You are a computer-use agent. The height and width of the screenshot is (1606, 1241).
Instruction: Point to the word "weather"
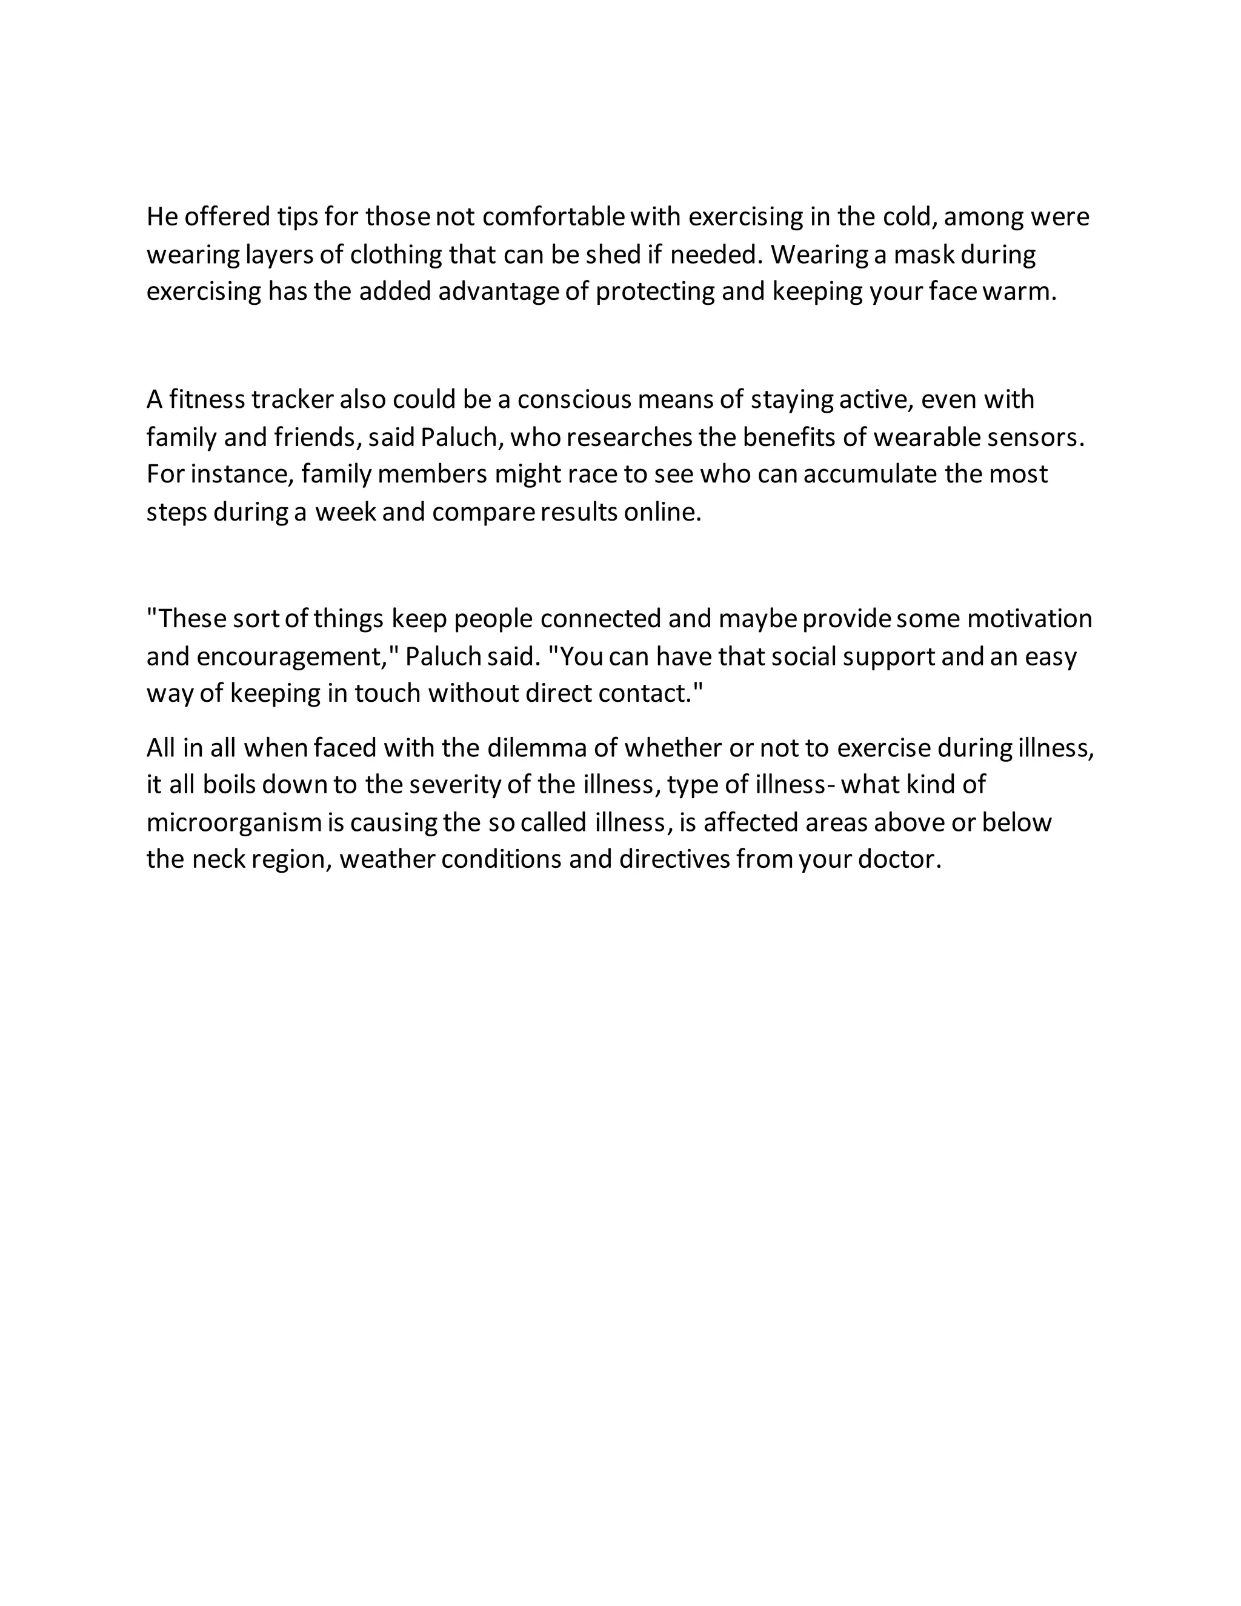pos(387,859)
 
